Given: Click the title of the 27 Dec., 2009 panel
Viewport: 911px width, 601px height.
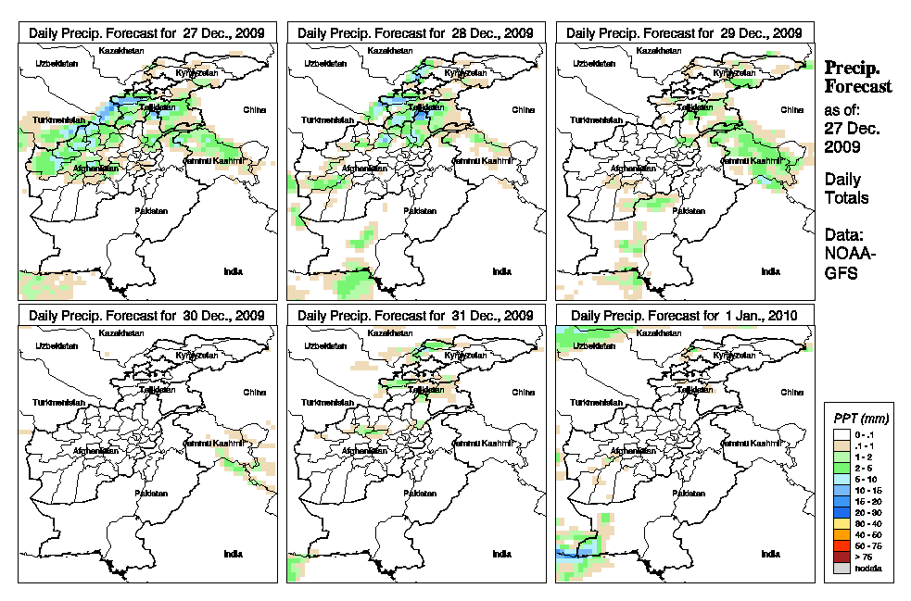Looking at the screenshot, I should pyautogui.click(x=147, y=32).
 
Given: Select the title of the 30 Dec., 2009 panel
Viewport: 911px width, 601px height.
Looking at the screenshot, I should pyautogui.click(x=147, y=315).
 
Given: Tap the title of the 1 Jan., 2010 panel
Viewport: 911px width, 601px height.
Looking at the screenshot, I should pyautogui.click(x=685, y=315).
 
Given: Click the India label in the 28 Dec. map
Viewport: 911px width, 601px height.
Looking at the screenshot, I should pyautogui.click(x=501, y=271).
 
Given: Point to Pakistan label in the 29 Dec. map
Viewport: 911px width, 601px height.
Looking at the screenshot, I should pyautogui.click(x=689, y=211).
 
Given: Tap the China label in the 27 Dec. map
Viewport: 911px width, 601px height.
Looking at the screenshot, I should pyautogui.click(x=254, y=109).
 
